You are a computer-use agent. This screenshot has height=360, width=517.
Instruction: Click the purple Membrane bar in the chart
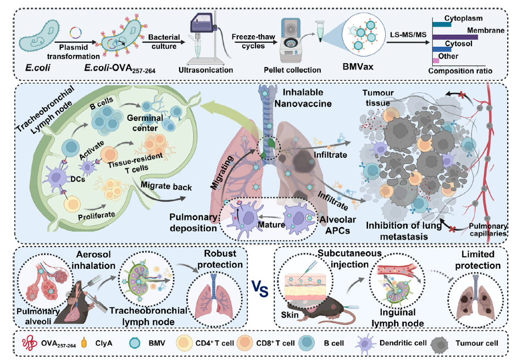(455, 37)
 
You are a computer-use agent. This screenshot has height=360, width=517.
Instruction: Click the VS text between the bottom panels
(259, 288)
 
